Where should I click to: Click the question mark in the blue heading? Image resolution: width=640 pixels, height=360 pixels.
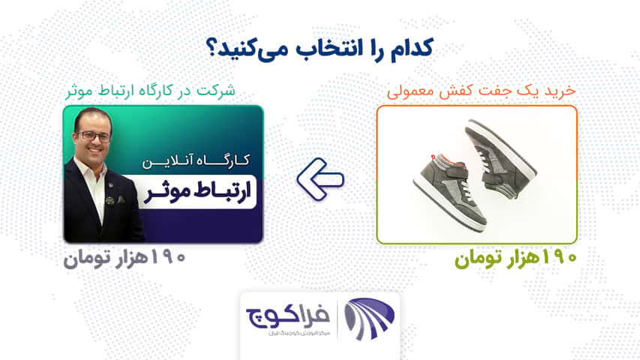[213, 49]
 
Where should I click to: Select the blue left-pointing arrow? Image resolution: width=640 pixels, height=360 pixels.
[320, 179]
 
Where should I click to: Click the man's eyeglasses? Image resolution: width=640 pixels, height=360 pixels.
[94, 136]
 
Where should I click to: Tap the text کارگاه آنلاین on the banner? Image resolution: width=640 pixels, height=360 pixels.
[196, 160]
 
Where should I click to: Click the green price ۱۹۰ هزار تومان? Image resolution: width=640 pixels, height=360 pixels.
[516, 258]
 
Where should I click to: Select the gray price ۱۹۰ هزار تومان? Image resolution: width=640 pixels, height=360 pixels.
[125, 258]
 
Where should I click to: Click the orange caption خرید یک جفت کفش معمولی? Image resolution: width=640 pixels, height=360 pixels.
[481, 91]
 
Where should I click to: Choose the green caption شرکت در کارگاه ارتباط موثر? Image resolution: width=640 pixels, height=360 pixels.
[151, 91]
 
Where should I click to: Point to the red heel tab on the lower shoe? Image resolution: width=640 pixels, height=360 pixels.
[434, 157]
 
